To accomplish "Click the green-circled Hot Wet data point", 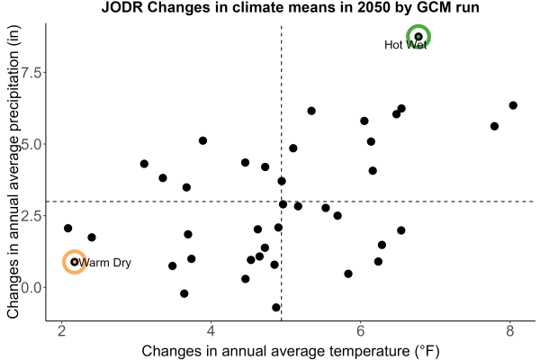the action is [418, 37].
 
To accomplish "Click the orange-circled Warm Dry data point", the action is [74, 262].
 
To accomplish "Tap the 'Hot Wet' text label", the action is [405, 45].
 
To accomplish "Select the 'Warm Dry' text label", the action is [104, 263].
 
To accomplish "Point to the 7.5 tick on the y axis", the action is [31, 72].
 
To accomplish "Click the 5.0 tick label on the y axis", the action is [31, 144].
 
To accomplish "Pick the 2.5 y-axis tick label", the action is [31, 216].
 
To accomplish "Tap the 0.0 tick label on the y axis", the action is [31, 287].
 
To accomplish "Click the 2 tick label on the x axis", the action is [61, 331].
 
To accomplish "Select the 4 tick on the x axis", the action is [211, 331].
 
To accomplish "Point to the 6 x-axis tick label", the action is [360, 331].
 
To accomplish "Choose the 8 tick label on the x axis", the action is [509, 331].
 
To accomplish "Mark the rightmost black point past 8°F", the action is [513, 105].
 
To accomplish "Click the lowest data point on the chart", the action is [276, 307].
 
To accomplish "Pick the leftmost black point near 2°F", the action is [67, 228].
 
